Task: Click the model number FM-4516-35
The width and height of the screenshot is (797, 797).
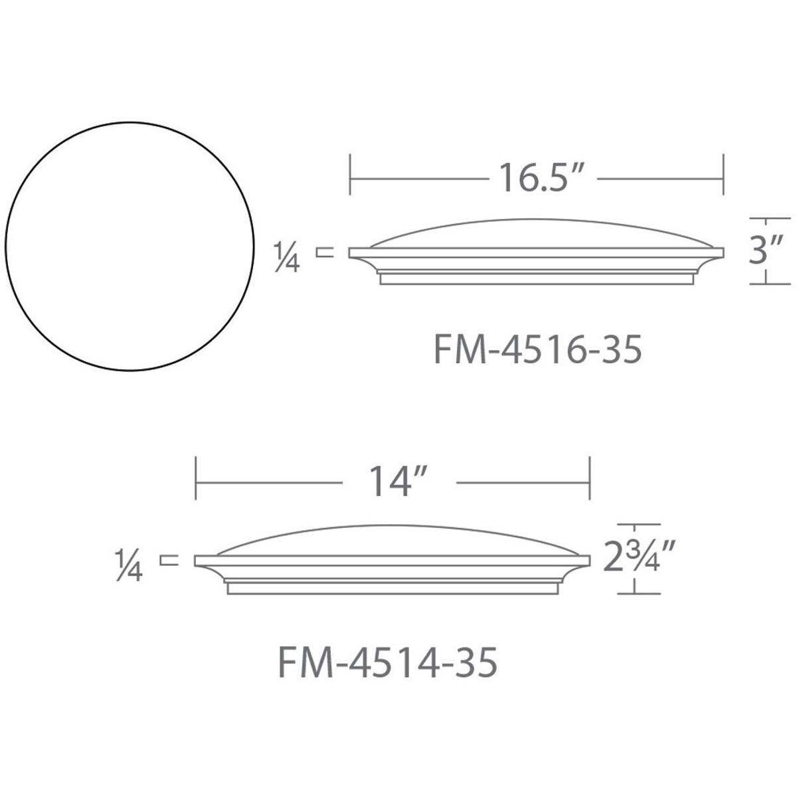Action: [x=537, y=350]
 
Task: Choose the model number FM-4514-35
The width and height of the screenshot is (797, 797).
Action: [x=387, y=662]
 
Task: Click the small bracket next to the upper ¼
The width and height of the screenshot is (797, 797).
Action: [x=324, y=252]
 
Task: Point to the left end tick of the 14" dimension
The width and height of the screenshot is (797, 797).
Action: [x=195, y=479]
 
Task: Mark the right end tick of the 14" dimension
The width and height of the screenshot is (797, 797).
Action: [x=590, y=479]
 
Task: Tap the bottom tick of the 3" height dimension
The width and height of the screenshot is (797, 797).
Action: [x=770, y=284]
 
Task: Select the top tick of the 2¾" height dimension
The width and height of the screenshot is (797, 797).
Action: [x=640, y=525]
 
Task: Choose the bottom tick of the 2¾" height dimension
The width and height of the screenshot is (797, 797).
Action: [x=640, y=594]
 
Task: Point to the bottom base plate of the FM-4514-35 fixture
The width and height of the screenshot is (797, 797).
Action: [x=392, y=588]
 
